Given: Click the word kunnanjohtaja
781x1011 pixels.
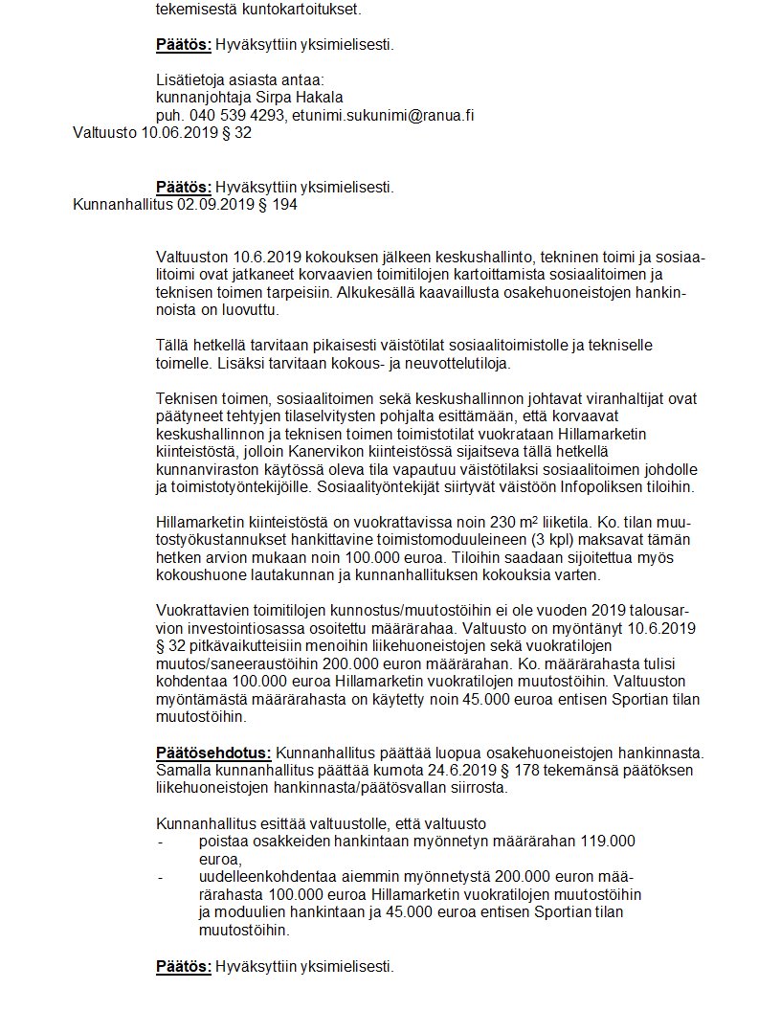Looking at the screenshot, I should coord(198,97).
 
